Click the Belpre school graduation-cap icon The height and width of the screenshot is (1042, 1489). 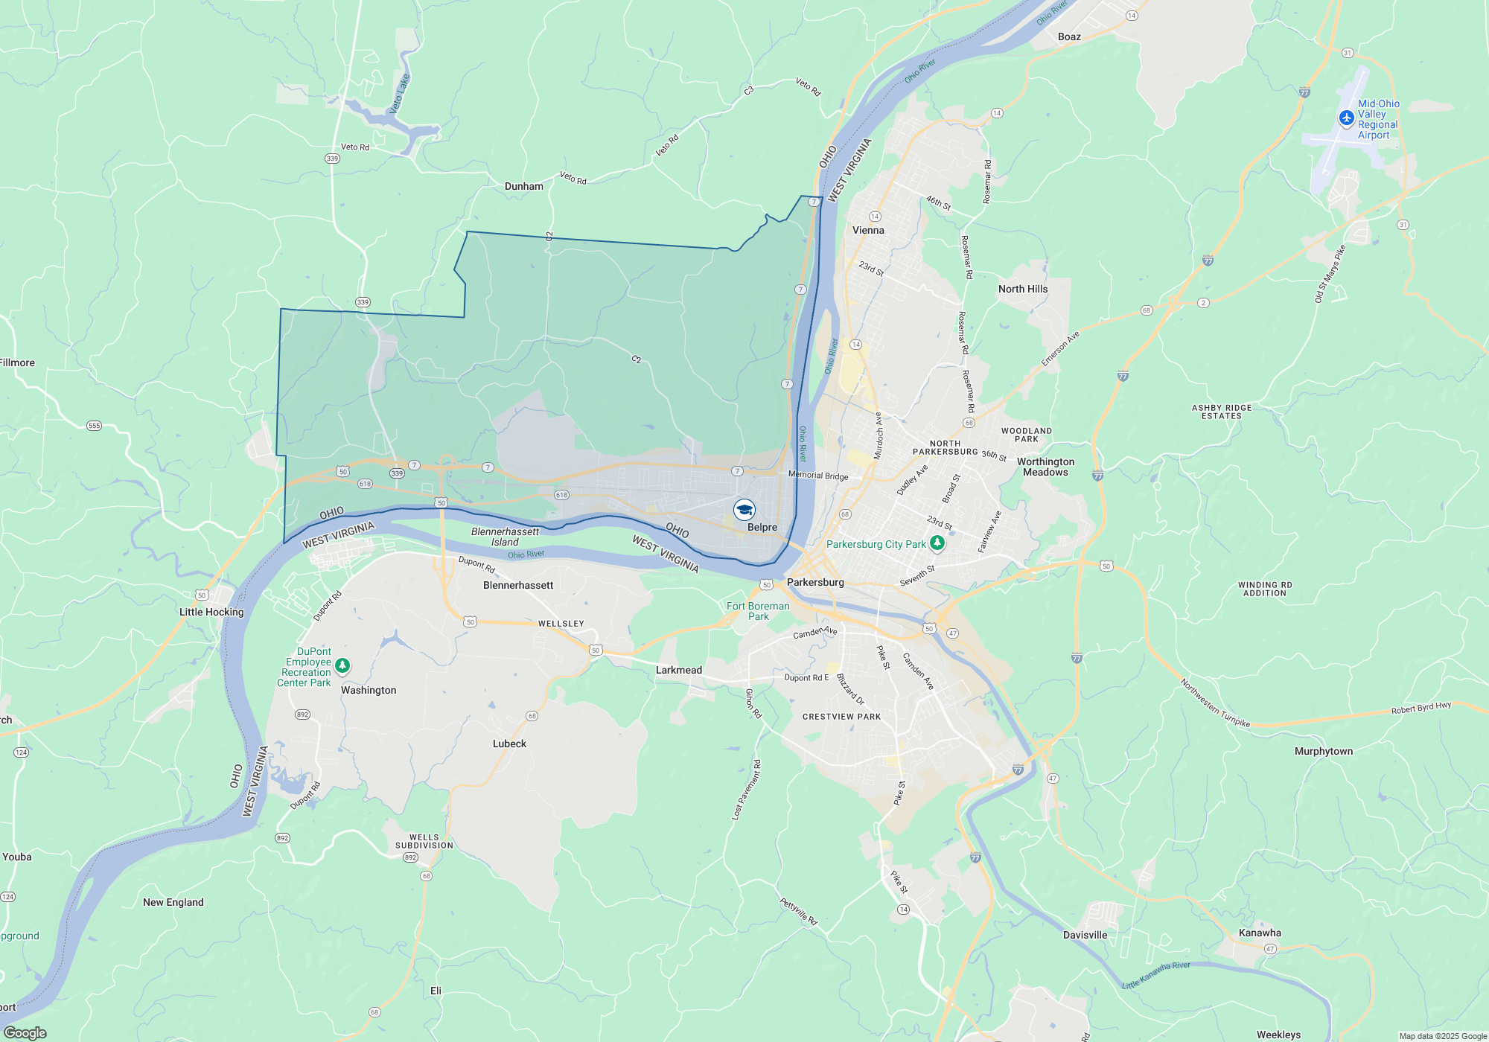coord(744,510)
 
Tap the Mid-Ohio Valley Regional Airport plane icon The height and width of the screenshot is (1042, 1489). coord(1346,118)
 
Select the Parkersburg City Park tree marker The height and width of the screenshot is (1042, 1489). coord(937,543)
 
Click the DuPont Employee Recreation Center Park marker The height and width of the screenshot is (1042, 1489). coord(342,665)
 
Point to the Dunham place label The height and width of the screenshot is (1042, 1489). coord(524,186)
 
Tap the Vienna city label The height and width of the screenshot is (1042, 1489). coord(868,230)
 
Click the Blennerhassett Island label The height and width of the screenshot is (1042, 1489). coord(505,537)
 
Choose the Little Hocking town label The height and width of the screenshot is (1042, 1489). coord(211,612)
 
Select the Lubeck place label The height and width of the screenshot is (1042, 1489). coord(509,744)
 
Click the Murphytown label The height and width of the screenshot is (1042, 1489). coord(1324,751)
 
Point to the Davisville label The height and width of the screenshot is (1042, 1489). coord(1085,935)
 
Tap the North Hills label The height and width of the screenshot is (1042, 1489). coord(1023,289)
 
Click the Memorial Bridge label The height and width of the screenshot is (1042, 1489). coord(818,476)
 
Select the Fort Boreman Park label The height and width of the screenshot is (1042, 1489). coord(758,611)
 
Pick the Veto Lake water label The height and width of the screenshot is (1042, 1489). coord(400,94)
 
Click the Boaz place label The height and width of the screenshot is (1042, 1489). coord(1069,36)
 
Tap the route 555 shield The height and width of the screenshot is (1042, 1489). coord(94,426)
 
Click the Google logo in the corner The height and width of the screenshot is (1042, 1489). coord(25,1033)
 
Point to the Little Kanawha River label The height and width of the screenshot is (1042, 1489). coord(1155,975)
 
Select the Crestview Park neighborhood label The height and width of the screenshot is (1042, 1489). coord(841,717)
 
